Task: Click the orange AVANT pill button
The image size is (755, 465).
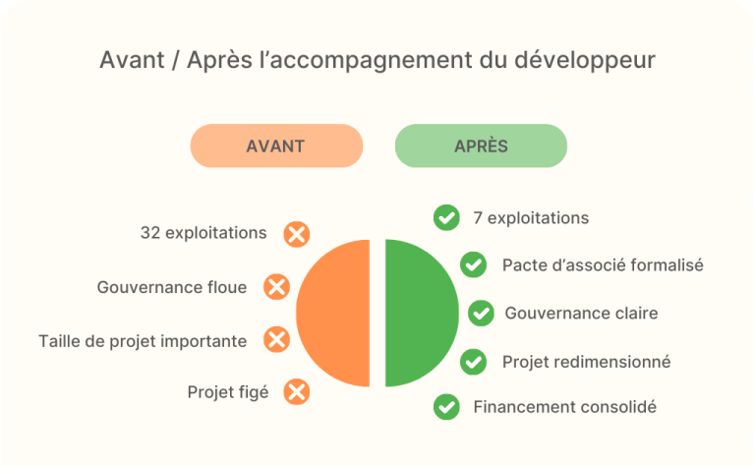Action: [276, 145]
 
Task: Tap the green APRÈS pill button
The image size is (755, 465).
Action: [481, 145]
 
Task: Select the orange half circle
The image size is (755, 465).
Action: [332, 313]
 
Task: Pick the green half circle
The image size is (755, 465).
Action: [423, 313]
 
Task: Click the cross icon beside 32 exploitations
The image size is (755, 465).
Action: [297, 234]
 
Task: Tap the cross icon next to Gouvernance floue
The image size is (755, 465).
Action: [277, 287]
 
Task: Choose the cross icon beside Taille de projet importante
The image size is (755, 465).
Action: [277, 339]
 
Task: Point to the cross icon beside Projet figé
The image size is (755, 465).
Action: [297, 392]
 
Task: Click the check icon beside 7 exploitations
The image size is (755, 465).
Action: [446, 217]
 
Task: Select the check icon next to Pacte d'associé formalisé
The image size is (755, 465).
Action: [473, 264]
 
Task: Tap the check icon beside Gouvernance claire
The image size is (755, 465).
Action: [481, 313]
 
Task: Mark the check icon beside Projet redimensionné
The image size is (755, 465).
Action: [473, 362]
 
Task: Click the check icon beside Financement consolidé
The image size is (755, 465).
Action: [446, 407]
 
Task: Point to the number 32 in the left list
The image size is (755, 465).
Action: [150, 233]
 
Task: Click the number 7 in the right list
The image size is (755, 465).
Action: [478, 218]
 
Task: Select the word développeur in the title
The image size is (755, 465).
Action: [585, 61]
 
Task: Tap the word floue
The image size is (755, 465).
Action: [227, 287]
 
